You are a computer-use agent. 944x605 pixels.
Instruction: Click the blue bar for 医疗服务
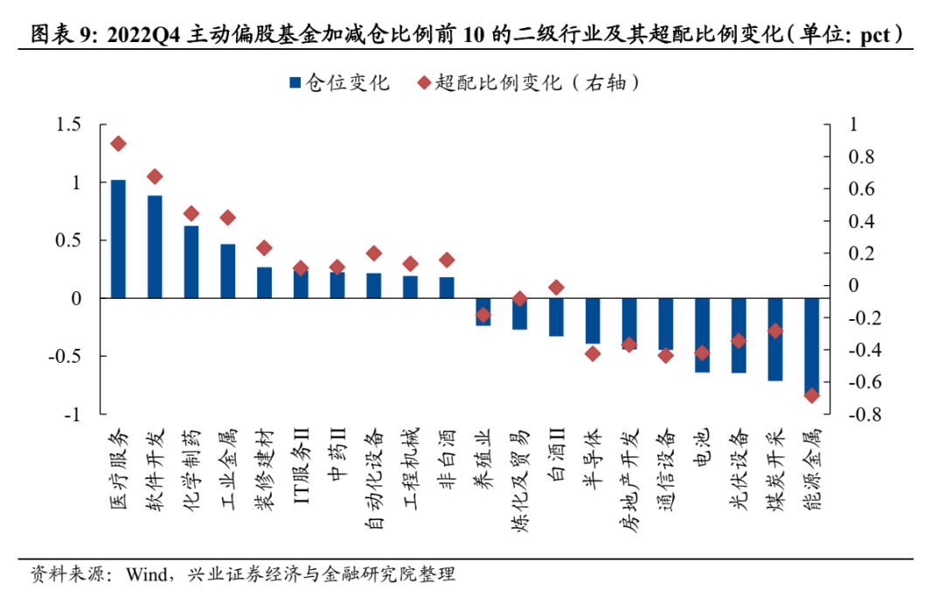(x=118, y=239)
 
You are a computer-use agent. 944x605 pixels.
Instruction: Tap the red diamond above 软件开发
(x=155, y=177)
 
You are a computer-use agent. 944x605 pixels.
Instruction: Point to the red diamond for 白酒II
(x=556, y=288)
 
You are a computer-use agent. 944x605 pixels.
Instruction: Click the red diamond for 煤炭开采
(x=774, y=330)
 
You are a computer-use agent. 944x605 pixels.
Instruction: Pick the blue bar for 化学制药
(x=191, y=262)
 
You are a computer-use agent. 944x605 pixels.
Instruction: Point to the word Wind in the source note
(x=149, y=575)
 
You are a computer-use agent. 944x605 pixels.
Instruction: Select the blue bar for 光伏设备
(x=739, y=336)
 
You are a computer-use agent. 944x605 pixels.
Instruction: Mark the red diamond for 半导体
(x=593, y=353)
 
